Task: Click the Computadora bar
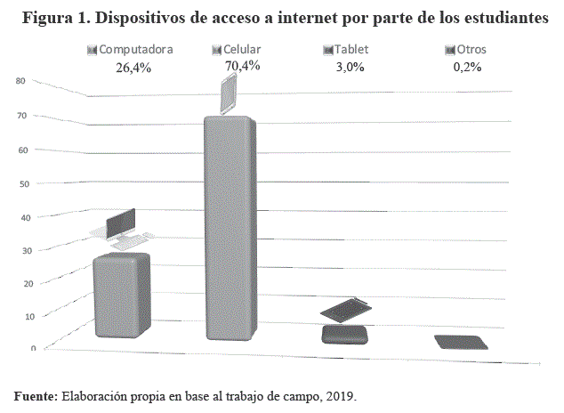click(x=121, y=296)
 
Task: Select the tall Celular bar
click(x=228, y=227)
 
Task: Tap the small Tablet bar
click(x=344, y=335)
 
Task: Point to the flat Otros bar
click(x=461, y=343)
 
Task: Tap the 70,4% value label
click(x=242, y=65)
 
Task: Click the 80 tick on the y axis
click(x=20, y=81)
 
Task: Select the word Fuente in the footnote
click(x=36, y=395)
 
